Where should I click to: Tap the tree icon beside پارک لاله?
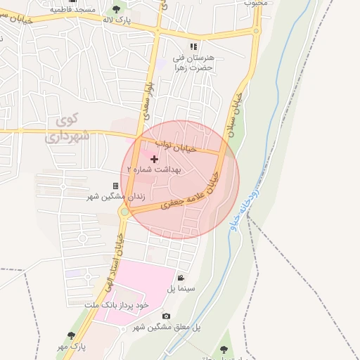[x=116, y=9]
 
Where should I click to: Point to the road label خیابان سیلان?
[x=233, y=113]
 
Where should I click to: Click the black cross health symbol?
[x=155, y=159]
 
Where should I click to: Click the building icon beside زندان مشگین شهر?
[x=115, y=186]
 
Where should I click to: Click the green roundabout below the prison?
[x=124, y=211]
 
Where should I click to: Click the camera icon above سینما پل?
[x=181, y=278]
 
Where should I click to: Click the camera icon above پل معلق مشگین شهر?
[x=166, y=316]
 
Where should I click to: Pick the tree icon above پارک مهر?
[x=70, y=335]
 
